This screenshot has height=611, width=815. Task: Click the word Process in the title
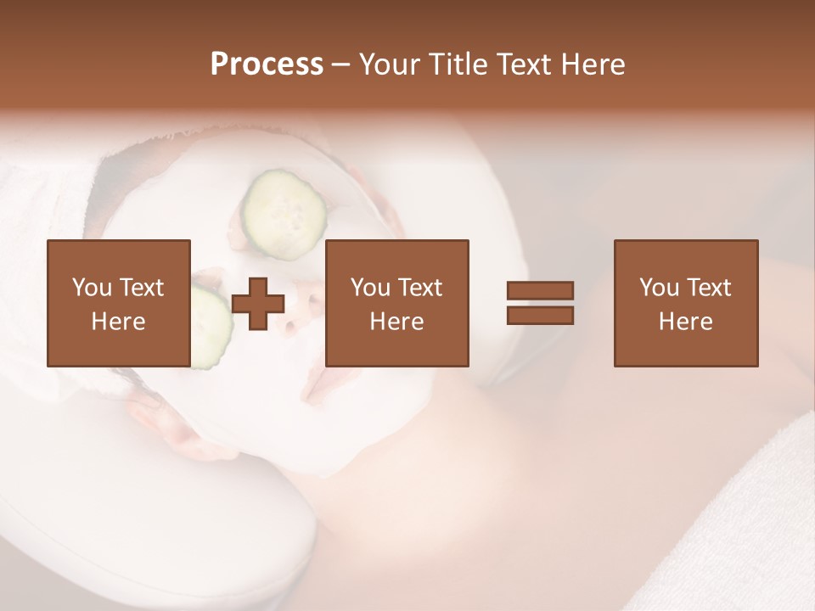tap(267, 64)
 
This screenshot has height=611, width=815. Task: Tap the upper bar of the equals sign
tap(540, 291)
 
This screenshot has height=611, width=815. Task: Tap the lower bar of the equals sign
tap(540, 315)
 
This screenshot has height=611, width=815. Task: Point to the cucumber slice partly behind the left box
tap(211, 327)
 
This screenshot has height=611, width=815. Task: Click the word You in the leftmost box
tap(92, 288)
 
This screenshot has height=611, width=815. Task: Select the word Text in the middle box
tap(419, 288)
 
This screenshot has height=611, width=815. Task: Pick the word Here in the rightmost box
tap(685, 322)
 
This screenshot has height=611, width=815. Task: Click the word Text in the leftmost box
tap(141, 288)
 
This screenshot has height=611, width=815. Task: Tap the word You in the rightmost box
tap(659, 288)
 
